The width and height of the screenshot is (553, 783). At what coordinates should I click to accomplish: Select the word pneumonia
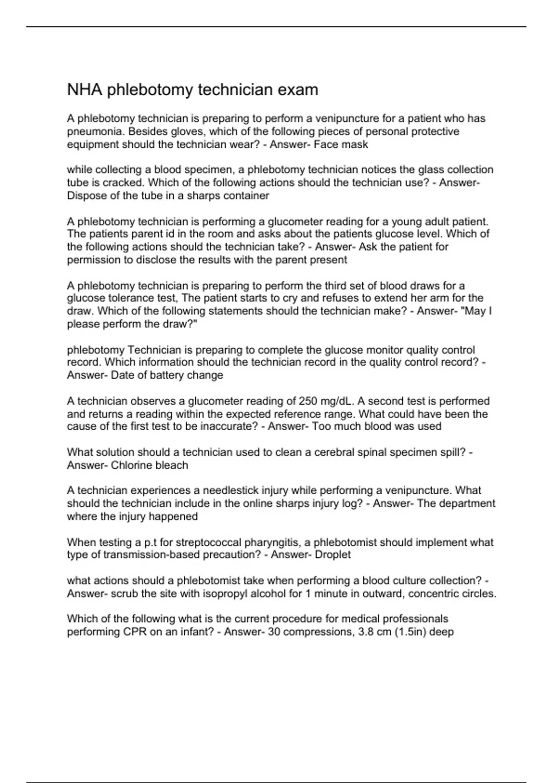click(96, 132)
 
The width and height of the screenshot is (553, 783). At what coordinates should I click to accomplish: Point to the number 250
click(308, 401)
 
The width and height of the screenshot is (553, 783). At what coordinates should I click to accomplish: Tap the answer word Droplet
click(333, 555)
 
